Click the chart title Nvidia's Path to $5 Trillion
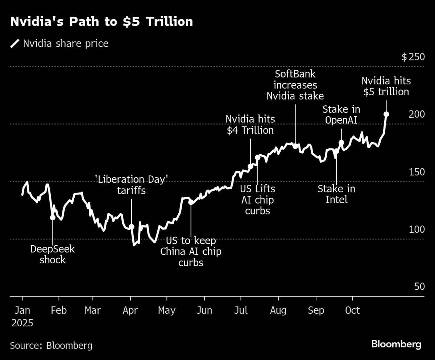click(x=101, y=22)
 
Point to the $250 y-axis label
click(x=413, y=57)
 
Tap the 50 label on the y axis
click(x=419, y=287)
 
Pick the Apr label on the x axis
click(x=130, y=311)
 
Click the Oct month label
click(x=352, y=311)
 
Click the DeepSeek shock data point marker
click(x=53, y=217)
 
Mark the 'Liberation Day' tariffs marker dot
click(x=132, y=227)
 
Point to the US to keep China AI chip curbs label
click(x=191, y=251)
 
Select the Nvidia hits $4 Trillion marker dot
click(x=250, y=167)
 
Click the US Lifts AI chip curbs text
click(x=258, y=200)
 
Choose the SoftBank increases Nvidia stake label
click(x=295, y=85)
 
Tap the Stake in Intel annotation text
click(x=336, y=194)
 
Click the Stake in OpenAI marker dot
click(x=341, y=143)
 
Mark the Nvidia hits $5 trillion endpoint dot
click(x=386, y=114)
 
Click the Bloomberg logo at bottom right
click(x=396, y=344)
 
